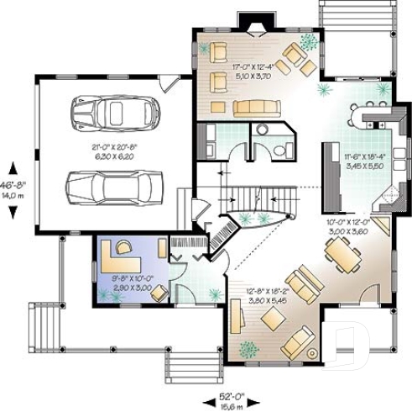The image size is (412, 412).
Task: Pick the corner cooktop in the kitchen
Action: (x=388, y=198)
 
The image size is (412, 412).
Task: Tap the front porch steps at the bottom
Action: (x=190, y=367)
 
